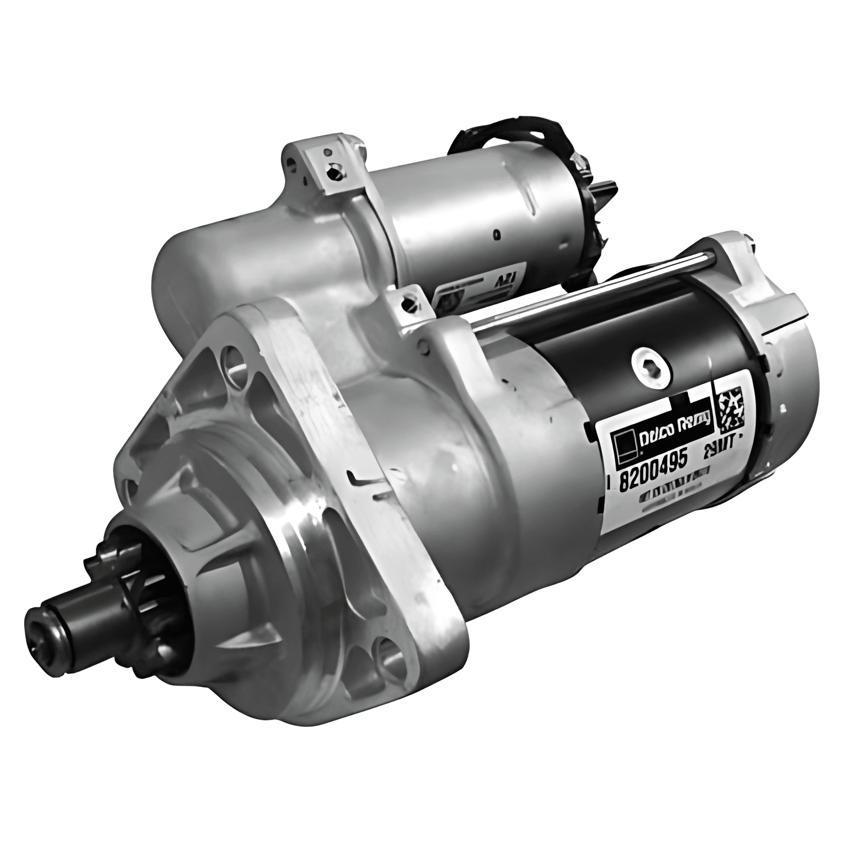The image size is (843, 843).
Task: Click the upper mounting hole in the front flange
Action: (x=234, y=360)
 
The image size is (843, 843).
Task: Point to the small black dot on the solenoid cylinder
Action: (x=497, y=233)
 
